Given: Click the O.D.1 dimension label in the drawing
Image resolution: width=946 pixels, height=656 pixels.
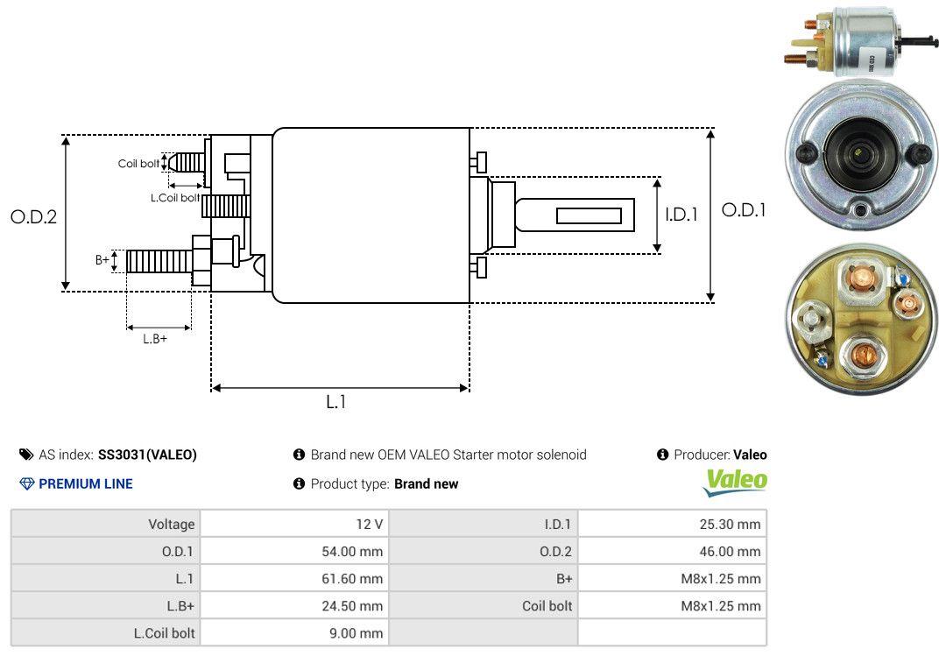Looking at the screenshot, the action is tap(744, 210).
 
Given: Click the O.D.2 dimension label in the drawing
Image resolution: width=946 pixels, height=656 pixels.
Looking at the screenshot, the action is tap(34, 216).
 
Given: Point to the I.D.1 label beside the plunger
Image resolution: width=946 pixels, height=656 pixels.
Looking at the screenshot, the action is tap(681, 215).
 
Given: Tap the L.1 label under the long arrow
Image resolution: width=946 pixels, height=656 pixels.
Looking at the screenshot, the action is tap(336, 402).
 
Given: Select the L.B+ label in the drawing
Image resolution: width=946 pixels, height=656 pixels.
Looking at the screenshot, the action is tap(155, 339).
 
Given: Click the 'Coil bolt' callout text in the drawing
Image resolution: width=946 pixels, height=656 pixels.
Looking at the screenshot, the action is tap(138, 164).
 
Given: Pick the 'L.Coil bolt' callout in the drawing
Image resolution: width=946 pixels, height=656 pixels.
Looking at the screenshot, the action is tap(175, 197).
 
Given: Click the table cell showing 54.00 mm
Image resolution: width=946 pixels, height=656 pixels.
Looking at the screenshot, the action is tap(352, 552).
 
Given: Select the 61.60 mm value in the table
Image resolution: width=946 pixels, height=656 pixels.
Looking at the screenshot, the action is tap(352, 579).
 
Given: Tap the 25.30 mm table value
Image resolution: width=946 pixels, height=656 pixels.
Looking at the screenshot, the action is tap(730, 525).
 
